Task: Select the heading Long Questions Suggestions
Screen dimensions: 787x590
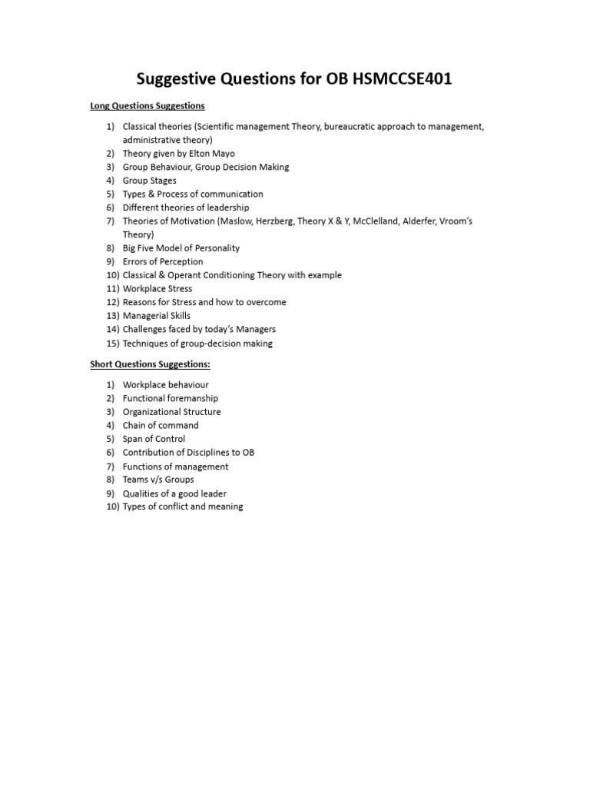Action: pyautogui.click(x=147, y=105)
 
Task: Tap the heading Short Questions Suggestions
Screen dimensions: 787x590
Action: pyautogui.click(x=150, y=364)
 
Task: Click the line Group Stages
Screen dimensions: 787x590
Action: pyautogui.click(x=149, y=181)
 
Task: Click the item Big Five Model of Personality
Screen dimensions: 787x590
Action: pyautogui.click(x=181, y=248)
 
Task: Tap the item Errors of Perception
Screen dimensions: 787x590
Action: pyautogui.click(x=163, y=261)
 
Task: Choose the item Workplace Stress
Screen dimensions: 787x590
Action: pyautogui.click(x=157, y=289)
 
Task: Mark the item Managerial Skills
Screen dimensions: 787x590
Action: pyautogui.click(x=157, y=316)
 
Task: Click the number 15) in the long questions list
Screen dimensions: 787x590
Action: pyautogui.click(x=112, y=344)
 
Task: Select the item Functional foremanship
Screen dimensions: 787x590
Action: pyautogui.click(x=171, y=398)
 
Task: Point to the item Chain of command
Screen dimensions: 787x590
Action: pyautogui.click(x=161, y=425)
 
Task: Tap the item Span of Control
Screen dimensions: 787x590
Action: pyautogui.click(x=154, y=439)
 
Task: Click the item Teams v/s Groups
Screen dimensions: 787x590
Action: pyautogui.click(x=158, y=480)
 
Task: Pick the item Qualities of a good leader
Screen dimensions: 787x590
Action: pyautogui.click(x=174, y=493)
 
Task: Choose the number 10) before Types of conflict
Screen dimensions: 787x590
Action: pyautogui.click(x=112, y=507)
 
